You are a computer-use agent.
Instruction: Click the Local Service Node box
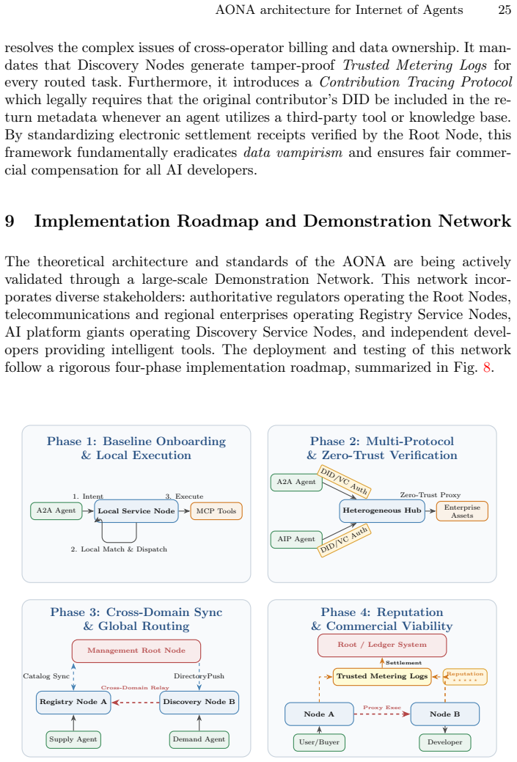pyautogui.click(x=136, y=511)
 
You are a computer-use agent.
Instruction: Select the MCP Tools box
pyautogui.click(x=216, y=511)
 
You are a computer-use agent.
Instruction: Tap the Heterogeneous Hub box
pyautogui.click(x=382, y=510)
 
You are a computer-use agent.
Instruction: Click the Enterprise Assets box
pyautogui.click(x=462, y=511)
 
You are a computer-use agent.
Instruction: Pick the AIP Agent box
pyautogui.click(x=296, y=539)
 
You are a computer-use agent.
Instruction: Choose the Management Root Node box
pyautogui.click(x=136, y=651)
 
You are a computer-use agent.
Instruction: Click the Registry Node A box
pyautogui.click(x=73, y=702)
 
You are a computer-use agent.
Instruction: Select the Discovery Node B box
pyautogui.click(x=199, y=702)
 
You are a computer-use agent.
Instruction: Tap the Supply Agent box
pyautogui.click(x=73, y=740)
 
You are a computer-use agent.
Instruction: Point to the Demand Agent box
pyautogui.click(x=199, y=740)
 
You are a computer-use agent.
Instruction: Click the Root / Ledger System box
pyautogui.click(x=382, y=645)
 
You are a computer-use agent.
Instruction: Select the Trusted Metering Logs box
pyautogui.click(x=382, y=676)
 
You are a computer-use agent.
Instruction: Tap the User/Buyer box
pyautogui.click(x=319, y=742)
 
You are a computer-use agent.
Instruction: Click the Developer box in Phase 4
pyautogui.click(x=445, y=742)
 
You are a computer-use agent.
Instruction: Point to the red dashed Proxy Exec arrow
pyautogui.click(x=382, y=714)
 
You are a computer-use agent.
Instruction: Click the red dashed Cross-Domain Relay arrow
pyautogui.click(x=136, y=703)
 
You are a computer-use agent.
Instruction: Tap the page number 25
pyautogui.click(x=505, y=10)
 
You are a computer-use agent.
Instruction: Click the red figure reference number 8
pyautogui.click(x=487, y=367)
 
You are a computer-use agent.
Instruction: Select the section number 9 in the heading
pyautogui.click(x=10, y=221)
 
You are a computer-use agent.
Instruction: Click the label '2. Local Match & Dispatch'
pyautogui.click(x=119, y=549)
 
